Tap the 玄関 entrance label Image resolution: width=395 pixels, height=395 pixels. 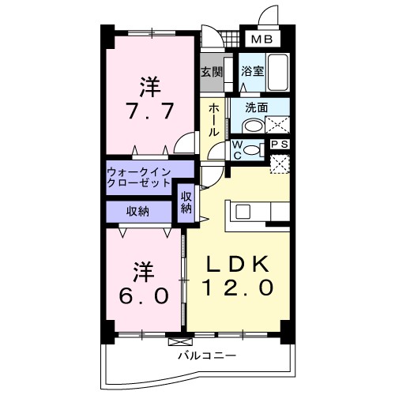tap(211, 71)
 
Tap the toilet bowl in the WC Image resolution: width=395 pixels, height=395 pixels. tap(252, 149)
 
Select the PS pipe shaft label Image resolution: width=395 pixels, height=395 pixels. tap(279, 145)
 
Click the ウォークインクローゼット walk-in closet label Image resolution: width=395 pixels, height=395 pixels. tap(140, 175)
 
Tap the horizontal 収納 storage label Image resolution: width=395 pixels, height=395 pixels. tap(138, 211)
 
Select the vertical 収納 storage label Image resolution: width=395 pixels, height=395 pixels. tap(186, 203)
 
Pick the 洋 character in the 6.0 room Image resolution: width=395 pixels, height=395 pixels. tap(143, 271)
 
